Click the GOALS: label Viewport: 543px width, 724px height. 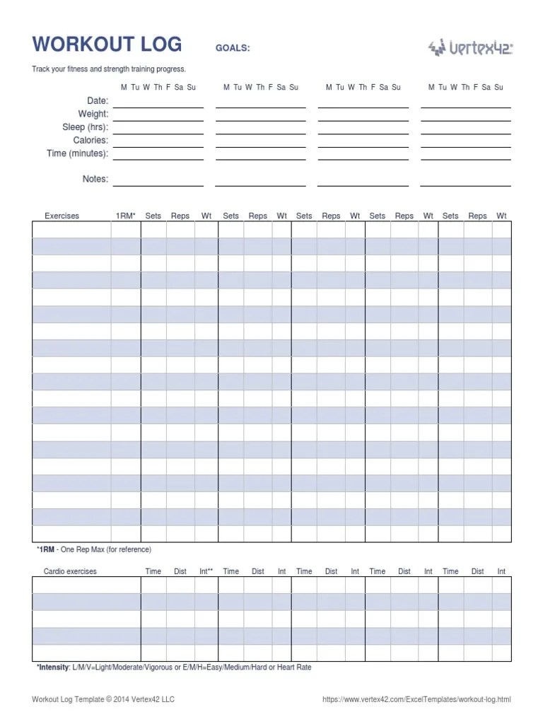[x=233, y=48]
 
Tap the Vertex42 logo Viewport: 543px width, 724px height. [x=470, y=47]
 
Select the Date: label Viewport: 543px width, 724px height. [x=98, y=101]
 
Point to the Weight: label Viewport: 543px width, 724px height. [x=93, y=114]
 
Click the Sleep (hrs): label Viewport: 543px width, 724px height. [x=86, y=127]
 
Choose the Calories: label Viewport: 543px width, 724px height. [x=90, y=140]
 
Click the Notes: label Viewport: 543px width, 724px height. [x=95, y=179]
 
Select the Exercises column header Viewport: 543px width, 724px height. [x=62, y=216]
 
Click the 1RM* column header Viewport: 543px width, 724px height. [x=126, y=216]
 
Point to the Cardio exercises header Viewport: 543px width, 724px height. [x=70, y=571]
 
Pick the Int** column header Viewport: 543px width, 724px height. [x=206, y=571]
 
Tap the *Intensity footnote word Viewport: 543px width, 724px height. [x=53, y=667]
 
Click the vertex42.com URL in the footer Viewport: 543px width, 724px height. [x=416, y=700]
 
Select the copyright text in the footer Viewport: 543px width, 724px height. [x=103, y=700]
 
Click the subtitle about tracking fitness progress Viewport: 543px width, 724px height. [x=109, y=69]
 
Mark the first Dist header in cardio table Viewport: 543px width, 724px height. [x=180, y=571]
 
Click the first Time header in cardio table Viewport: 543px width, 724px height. [x=153, y=571]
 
